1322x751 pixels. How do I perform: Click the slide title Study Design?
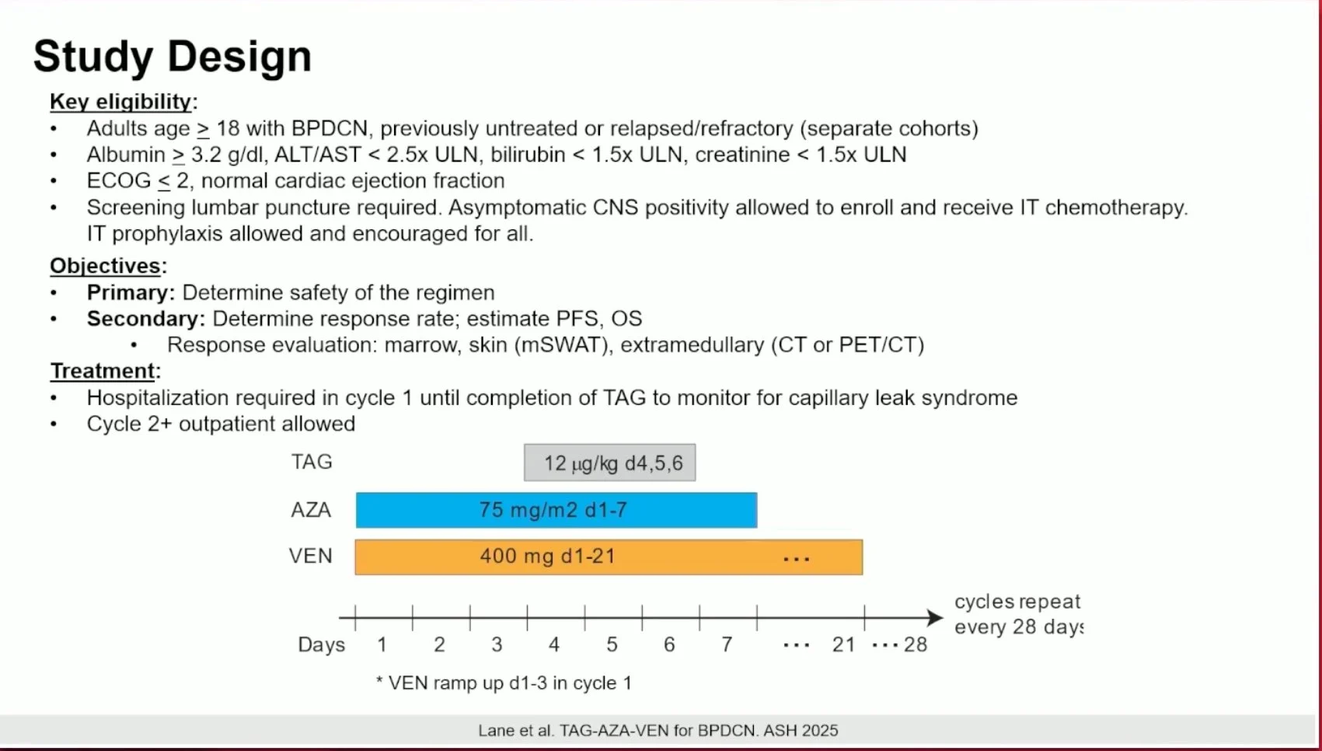click(173, 57)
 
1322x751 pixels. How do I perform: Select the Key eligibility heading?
click(120, 102)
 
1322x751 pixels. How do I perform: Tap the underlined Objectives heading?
click(105, 266)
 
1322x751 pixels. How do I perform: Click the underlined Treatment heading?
click(102, 371)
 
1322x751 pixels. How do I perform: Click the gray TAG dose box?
click(609, 463)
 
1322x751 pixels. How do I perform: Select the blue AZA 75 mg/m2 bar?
click(556, 509)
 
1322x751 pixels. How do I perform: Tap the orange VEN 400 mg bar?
click(609, 557)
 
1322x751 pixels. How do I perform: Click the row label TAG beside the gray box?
click(312, 462)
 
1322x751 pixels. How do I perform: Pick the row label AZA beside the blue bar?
click(311, 509)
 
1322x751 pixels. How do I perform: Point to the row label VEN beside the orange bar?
click(310, 556)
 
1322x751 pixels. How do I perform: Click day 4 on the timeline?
click(553, 644)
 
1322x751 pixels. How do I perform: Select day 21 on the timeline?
click(844, 644)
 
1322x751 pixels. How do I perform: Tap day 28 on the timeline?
click(916, 644)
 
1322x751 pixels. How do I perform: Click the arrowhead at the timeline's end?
click(936, 617)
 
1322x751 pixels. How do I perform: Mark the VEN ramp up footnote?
click(504, 683)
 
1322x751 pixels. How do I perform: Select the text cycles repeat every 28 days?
click(1019, 614)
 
